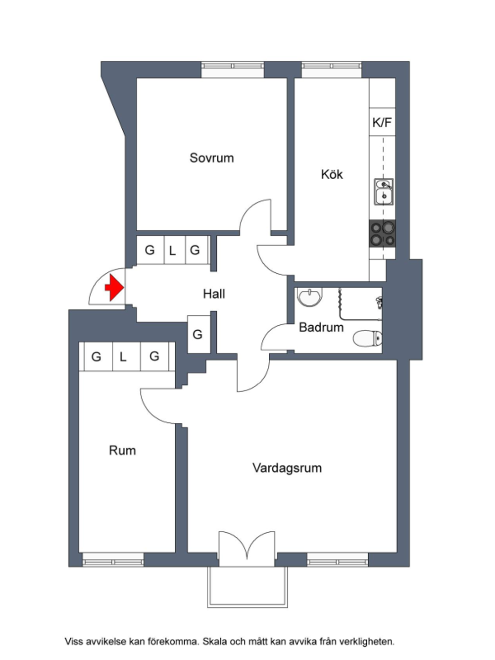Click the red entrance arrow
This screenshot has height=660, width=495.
pyautogui.click(x=114, y=288)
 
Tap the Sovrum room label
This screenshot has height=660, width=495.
pyautogui.click(x=211, y=158)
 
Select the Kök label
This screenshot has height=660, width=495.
pyautogui.click(x=332, y=174)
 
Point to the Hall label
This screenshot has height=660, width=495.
pyautogui.click(x=214, y=294)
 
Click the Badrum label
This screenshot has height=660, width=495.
pyautogui.click(x=321, y=327)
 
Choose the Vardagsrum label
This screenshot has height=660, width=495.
pyautogui.click(x=287, y=468)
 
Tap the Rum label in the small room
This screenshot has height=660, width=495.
pyautogui.click(x=122, y=451)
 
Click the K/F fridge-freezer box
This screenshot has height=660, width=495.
pyautogui.click(x=382, y=122)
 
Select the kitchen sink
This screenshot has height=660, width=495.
pyautogui.click(x=384, y=192)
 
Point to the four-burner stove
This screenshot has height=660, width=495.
pyautogui.click(x=382, y=234)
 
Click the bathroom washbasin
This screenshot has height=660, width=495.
pyautogui.click(x=309, y=297)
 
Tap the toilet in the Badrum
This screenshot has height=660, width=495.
pyautogui.click(x=367, y=338)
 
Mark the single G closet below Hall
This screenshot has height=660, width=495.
pyautogui.click(x=198, y=334)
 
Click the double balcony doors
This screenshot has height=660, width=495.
pyautogui.click(x=247, y=549)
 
